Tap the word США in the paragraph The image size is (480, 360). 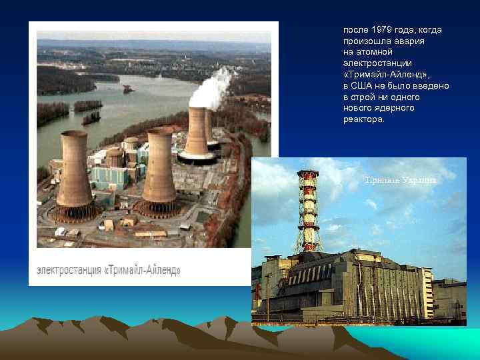363,86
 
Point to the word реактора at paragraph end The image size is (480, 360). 363,119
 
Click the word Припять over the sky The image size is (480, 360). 381,180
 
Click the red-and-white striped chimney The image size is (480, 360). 309,213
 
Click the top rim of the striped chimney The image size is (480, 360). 308,173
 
